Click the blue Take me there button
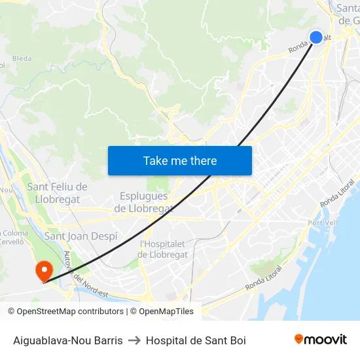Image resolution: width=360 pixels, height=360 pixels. (x=180, y=160)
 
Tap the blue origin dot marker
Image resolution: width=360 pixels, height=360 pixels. (x=316, y=37)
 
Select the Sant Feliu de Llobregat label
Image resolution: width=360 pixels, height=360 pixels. (x=57, y=193)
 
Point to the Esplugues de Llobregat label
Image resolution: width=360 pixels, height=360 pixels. (x=144, y=202)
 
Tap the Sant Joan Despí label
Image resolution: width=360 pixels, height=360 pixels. (x=81, y=236)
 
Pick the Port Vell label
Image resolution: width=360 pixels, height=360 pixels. (x=322, y=223)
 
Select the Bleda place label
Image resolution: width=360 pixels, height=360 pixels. (x=22, y=59)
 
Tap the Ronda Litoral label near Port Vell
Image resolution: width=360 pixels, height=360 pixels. (x=337, y=194)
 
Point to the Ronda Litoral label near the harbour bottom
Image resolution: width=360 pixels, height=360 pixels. (x=264, y=278)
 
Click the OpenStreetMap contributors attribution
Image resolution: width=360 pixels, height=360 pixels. (x=65, y=312)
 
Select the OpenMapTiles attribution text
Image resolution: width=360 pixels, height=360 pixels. (x=166, y=312)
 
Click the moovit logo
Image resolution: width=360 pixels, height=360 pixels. (x=320, y=340)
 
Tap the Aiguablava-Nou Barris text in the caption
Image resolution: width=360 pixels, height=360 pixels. (x=68, y=340)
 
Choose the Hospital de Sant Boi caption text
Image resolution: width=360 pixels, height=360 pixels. (x=196, y=340)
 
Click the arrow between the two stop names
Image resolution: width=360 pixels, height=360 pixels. (x=134, y=340)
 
